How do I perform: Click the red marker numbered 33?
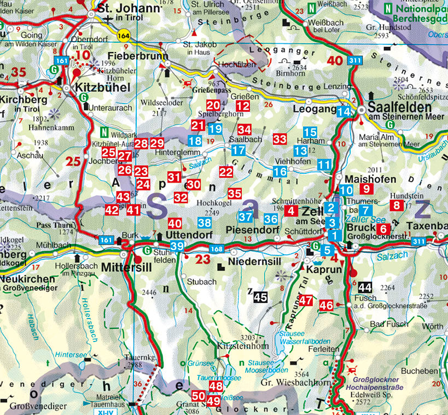pos(280,139)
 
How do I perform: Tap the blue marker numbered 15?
pos(310,132)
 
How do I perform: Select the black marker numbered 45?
pos(260,297)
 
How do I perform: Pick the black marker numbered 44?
pos(365,287)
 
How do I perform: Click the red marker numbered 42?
pos(112,209)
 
